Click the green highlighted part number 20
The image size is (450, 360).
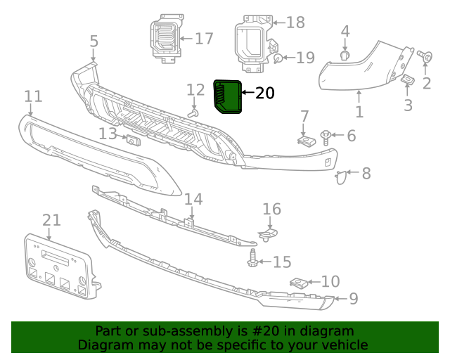pyautogui.click(x=227, y=96)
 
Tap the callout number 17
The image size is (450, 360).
pyautogui.click(x=204, y=38)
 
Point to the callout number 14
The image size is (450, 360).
pyautogui.click(x=193, y=200)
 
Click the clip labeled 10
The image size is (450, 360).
pyautogui.click(x=299, y=283)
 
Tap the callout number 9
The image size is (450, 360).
pyautogui.click(x=353, y=299)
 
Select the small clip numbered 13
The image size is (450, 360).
pyautogui.click(x=132, y=140)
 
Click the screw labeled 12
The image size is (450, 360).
pyautogui.click(x=193, y=111)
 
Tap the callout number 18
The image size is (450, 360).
pyautogui.click(x=295, y=22)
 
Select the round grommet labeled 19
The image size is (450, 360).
pyautogui.click(x=279, y=58)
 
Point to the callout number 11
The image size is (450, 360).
pyautogui.click(x=33, y=96)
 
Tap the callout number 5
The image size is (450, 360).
pyautogui.click(x=94, y=41)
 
